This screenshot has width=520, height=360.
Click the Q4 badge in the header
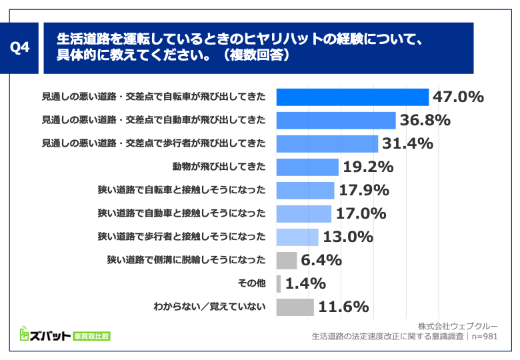tap(21, 48)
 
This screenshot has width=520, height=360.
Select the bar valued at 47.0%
tap(352, 97)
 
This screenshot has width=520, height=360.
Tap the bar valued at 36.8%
tap(336, 121)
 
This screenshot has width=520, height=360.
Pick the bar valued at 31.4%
tap(327, 144)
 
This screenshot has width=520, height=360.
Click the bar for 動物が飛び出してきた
tap(307, 167)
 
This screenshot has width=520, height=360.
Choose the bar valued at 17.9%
tap(305, 191)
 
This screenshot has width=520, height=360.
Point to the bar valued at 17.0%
tap(303, 214)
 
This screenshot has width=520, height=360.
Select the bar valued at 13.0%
tap(297, 237)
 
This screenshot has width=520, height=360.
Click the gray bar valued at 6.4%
tap(286, 260)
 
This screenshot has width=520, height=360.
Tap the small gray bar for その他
tap(279, 283)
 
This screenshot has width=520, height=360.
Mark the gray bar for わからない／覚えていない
tap(295, 307)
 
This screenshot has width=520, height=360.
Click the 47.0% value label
tap(458, 97)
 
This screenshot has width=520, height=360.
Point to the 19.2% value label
tap(367, 167)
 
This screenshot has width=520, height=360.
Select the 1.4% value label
tap(305, 283)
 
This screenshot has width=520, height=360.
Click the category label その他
tap(251, 283)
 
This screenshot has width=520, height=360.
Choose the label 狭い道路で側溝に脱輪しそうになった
tap(181, 260)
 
